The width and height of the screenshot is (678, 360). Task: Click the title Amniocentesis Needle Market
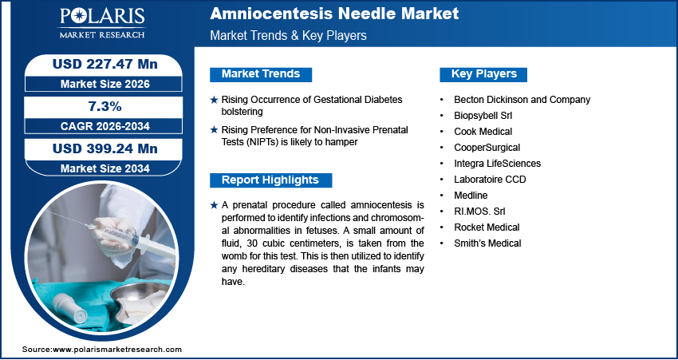pos(334,14)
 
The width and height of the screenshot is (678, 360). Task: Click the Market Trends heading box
pos(261,74)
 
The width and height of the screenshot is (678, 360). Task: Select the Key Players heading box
pos(484,74)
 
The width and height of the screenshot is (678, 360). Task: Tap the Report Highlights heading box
pos(270,180)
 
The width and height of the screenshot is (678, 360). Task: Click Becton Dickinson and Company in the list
pos(522,100)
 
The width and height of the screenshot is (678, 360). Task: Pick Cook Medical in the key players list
pos(483,132)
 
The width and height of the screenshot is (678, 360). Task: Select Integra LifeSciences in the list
pos(497,164)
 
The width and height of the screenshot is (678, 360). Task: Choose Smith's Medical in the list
pos(487,243)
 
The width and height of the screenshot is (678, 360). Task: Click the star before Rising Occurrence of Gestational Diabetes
pos(214,100)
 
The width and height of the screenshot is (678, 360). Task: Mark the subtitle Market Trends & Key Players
pos(288,36)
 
